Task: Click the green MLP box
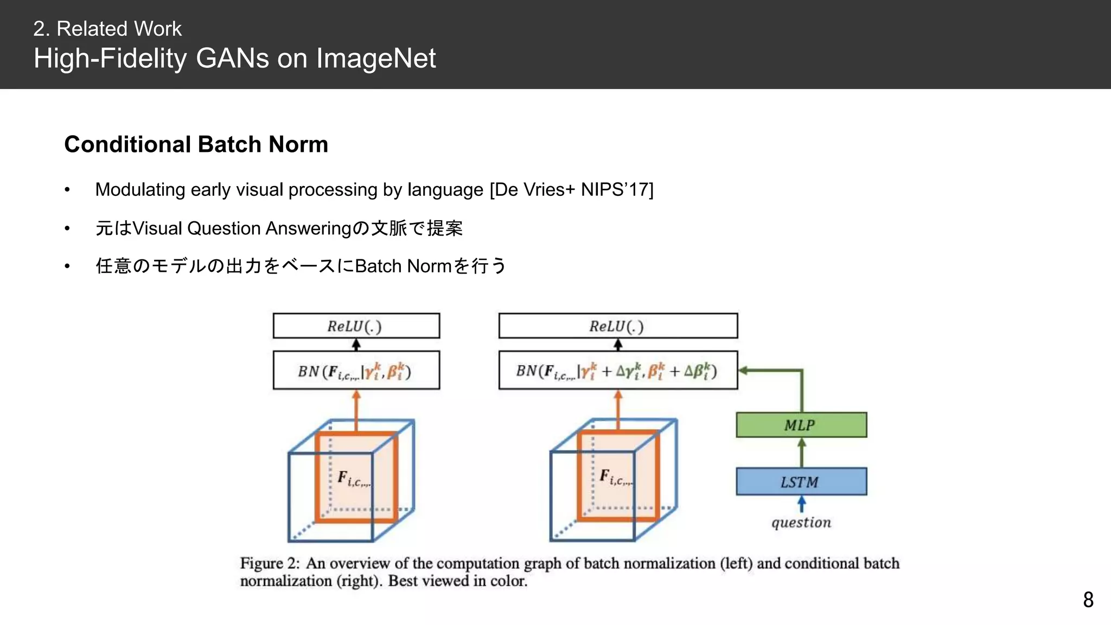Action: (801, 425)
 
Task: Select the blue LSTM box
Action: (801, 482)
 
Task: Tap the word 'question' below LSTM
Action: (801, 522)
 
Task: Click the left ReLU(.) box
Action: (356, 326)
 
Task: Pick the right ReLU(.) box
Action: (618, 326)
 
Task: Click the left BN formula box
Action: (356, 371)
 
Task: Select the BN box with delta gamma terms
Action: (618, 371)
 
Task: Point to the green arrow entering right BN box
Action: (770, 371)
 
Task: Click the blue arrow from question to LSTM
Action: (802, 505)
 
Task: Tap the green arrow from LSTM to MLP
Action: (802, 452)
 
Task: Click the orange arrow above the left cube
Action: (356, 410)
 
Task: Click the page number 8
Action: (1088, 600)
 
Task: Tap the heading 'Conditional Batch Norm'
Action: (196, 144)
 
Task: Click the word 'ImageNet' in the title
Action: (376, 58)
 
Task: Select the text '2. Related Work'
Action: (107, 29)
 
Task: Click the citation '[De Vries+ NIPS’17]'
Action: (571, 190)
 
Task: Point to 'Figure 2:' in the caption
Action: (270, 563)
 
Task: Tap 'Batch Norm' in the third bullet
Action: (403, 266)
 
